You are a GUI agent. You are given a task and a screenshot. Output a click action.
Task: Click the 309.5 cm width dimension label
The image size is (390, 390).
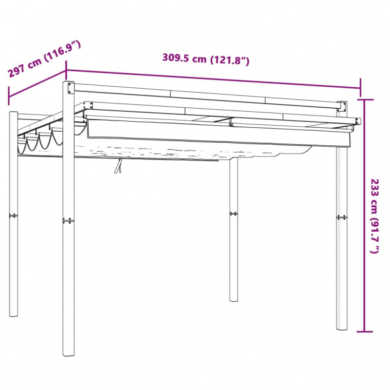tap(206, 59)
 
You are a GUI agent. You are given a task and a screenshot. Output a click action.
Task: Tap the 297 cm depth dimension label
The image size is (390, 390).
tap(44, 58)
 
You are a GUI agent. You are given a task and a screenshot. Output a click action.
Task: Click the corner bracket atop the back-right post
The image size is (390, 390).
tap(342, 107)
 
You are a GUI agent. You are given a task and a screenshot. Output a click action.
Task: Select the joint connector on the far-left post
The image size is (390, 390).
tap(14, 215)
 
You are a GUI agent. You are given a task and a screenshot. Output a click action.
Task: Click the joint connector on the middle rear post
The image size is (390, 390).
tap(234, 213)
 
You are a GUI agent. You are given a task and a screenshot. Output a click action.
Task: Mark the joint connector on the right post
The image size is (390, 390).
tap(342, 217)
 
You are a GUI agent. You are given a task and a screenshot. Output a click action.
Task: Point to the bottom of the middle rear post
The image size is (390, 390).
tap(234, 300)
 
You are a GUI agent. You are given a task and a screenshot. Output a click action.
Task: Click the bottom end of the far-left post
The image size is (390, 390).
tap(14, 314)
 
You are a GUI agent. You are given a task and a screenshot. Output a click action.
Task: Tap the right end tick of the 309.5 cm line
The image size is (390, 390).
tap(361, 87)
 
